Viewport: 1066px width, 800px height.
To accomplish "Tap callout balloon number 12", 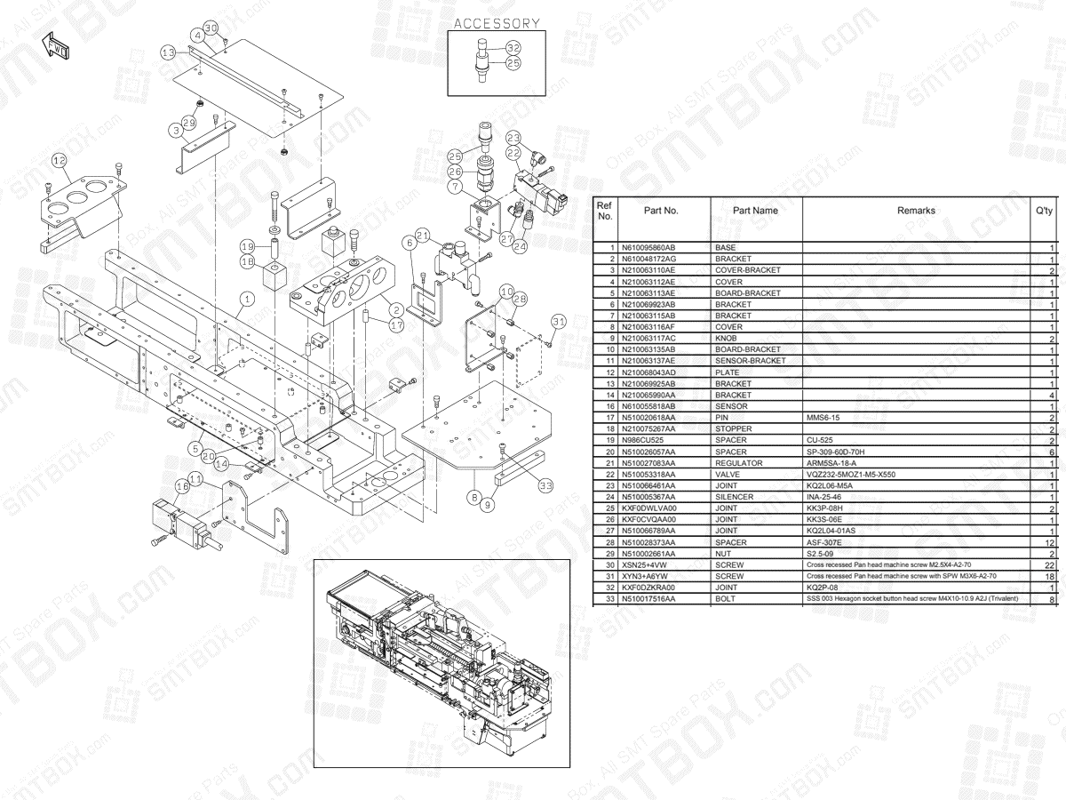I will (60, 161).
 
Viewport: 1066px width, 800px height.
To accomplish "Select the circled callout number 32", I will (513, 47).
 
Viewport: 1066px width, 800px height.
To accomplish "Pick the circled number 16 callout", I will (182, 486).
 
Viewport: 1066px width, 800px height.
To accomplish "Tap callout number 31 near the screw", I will (558, 321).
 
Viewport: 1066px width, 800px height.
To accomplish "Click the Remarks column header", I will (916, 211).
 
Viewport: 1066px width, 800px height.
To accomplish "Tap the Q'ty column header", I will (1045, 211).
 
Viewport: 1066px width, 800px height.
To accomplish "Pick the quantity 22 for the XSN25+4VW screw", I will (1049, 565).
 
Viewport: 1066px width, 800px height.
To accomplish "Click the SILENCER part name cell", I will (734, 497).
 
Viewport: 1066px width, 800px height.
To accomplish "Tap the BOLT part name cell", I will (726, 599).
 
